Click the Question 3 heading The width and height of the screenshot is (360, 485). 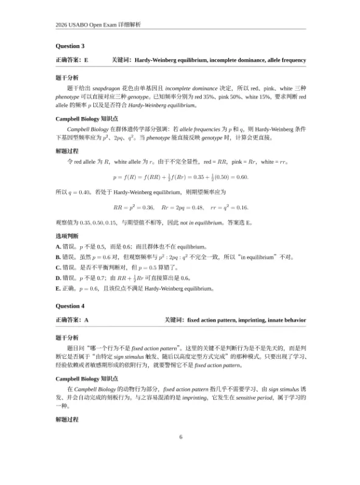pyautogui.click(x=70, y=46)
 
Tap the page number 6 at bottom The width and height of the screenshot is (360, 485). pyautogui.click(x=180, y=436)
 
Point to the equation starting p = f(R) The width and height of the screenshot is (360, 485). pyautogui.click(x=180, y=177)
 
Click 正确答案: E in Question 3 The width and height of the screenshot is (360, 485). pyautogui.click(x=72, y=60)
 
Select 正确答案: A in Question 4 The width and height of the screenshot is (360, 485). pyautogui.click(x=72, y=320)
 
